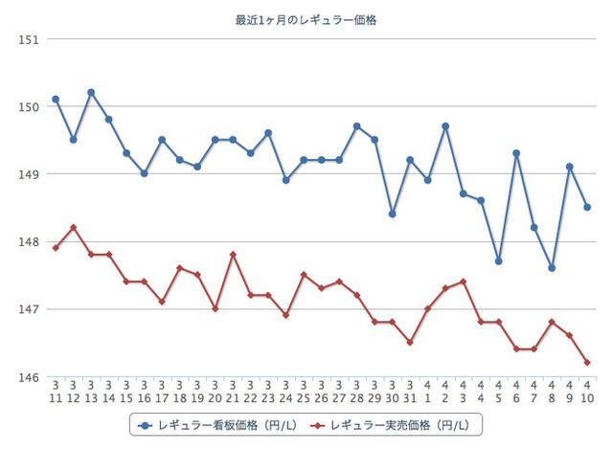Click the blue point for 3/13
coord(91,93)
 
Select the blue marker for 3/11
coord(56,100)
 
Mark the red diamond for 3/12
coord(73,227)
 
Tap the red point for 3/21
coord(233,255)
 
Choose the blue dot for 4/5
coord(499,261)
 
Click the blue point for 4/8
coord(552,268)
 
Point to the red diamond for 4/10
coord(587,362)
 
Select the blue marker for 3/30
coord(393,214)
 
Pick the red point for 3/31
coord(410,342)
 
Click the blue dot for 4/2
coord(445,126)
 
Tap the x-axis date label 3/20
coord(216,393)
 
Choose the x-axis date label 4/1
coord(428,393)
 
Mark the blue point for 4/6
coord(516,153)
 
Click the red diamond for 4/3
coord(464,282)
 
